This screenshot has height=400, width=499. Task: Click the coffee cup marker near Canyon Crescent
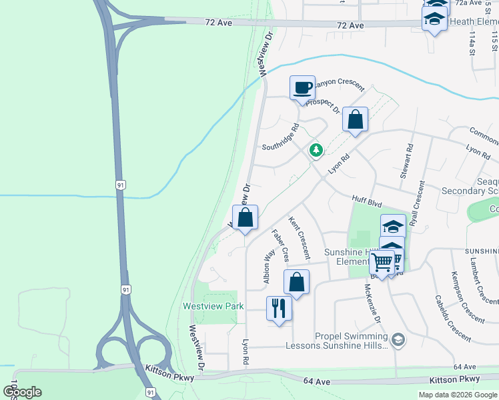302,88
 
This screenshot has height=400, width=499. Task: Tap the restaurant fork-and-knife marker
279,309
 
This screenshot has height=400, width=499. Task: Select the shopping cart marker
382,263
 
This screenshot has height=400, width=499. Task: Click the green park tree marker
316,151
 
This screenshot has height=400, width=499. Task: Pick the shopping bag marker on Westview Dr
245,218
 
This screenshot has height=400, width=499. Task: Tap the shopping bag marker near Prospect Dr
356,121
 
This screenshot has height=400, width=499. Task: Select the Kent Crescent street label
299,237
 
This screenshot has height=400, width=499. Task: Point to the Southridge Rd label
281,137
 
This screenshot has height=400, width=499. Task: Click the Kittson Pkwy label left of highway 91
170,377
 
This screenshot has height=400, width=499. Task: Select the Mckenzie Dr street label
372,304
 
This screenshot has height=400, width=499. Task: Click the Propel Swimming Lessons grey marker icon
398,340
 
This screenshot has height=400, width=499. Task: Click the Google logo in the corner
22,392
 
